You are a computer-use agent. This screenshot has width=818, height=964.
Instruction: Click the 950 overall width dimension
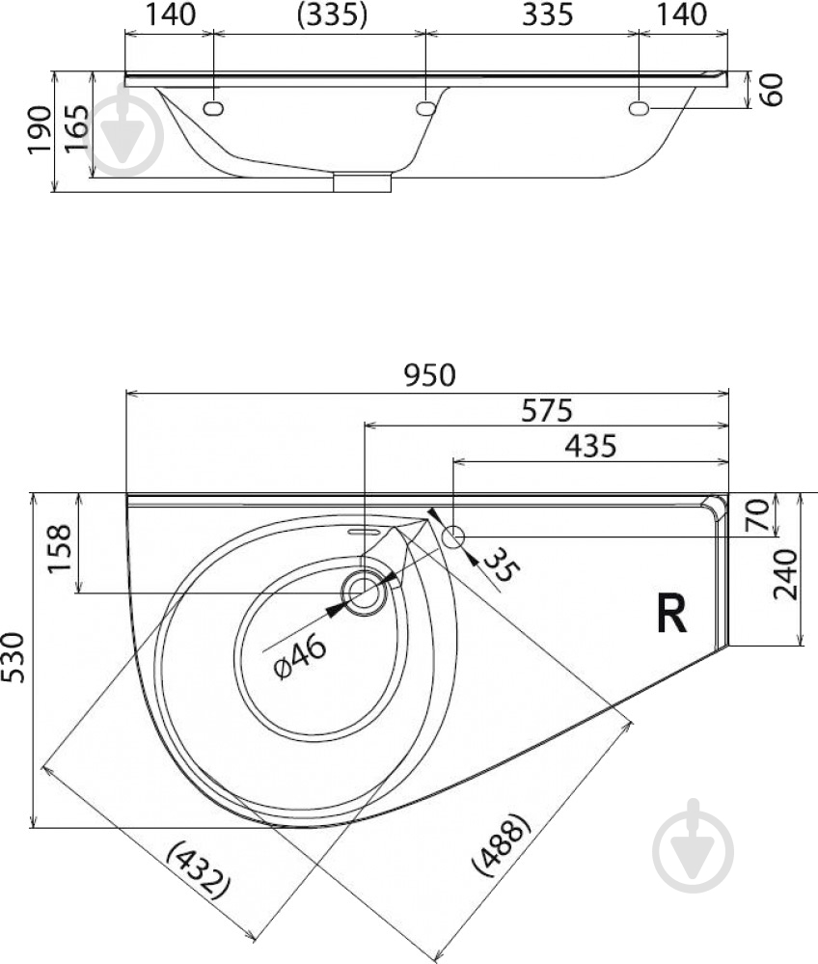coord(430,374)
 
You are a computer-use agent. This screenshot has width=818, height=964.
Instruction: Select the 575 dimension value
coord(546,410)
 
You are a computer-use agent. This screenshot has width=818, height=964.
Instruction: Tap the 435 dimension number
coord(590,446)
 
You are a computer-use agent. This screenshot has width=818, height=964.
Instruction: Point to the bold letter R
coord(671,613)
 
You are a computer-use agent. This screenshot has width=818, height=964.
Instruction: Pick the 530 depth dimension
coord(13,657)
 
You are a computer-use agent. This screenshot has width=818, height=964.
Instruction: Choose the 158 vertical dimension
coord(60,548)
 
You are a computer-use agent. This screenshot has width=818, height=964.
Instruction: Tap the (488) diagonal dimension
coord(501,844)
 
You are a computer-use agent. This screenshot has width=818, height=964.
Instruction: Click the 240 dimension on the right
coord(785,574)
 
